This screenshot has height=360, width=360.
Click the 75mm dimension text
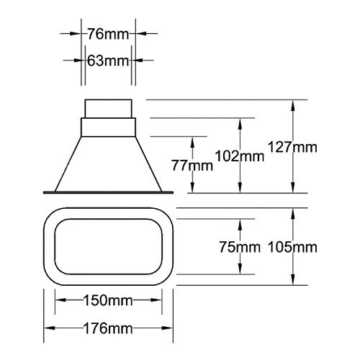239,248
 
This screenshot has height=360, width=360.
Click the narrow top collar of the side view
108,109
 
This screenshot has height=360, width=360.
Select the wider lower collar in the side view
108,127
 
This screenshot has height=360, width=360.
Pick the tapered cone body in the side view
108,162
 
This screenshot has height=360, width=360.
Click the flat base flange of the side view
108,192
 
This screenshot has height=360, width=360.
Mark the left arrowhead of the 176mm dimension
48,328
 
